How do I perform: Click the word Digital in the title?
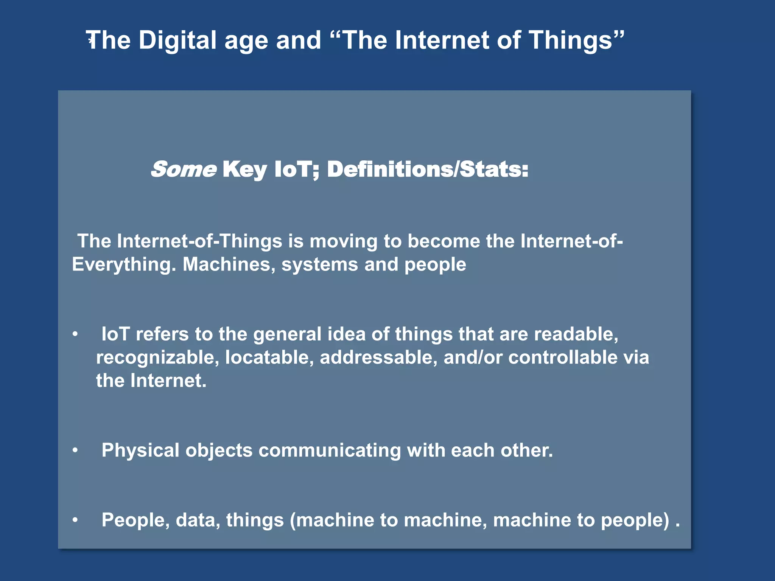coord(177,40)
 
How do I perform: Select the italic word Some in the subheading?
coord(184,169)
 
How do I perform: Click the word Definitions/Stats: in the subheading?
coord(428,169)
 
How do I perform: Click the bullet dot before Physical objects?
coord(75,450)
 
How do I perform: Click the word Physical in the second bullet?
coord(140,451)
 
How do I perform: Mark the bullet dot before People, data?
coord(75,520)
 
